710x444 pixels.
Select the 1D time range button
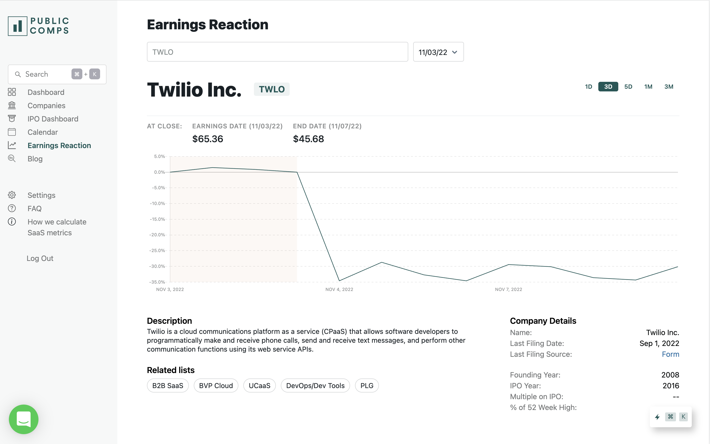[x=588, y=87]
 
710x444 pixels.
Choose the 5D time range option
[x=628, y=87]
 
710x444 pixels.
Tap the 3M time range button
[x=669, y=87]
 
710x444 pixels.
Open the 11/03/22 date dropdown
[x=438, y=52]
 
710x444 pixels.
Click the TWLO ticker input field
[x=277, y=52]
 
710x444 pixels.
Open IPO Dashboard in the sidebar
[x=53, y=119]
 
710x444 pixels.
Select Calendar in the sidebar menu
[x=43, y=132]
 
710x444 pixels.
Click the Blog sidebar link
[x=35, y=159]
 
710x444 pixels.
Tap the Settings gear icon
[x=12, y=195]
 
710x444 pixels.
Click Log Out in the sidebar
[x=40, y=258]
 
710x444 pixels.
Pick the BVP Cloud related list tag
[x=216, y=386]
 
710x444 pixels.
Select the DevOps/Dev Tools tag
[x=315, y=386]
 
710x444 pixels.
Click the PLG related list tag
[x=367, y=386]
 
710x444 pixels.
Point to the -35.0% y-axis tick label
[x=157, y=282]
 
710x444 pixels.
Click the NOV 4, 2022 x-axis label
[x=339, y=290]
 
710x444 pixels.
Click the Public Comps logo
[x=38, y=26]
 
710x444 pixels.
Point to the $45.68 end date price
[x=308, y=139]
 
